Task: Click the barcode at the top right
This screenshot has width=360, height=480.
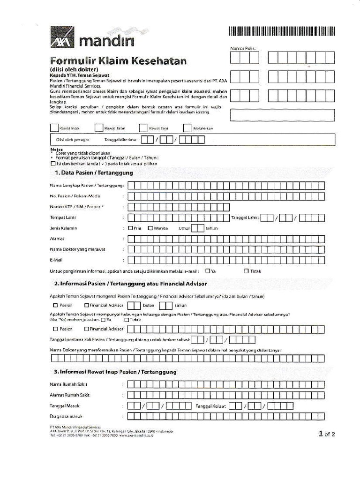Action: point(282,31)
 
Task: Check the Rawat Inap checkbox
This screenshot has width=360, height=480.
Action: point(54,127)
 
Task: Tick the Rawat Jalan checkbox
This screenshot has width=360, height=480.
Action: point(98,127)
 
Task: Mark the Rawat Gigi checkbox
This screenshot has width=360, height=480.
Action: point(143,127)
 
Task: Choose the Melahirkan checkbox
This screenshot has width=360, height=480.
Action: point(187,127)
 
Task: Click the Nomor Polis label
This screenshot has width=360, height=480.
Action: point(243,48)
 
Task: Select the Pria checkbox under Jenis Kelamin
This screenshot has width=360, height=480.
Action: point(130,228)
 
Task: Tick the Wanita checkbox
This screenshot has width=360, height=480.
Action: point(150,228)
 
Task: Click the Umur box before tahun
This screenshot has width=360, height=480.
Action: point(198,228)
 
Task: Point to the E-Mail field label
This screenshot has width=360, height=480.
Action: point(56,260)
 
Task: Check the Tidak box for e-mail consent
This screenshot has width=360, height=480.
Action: point(247,271)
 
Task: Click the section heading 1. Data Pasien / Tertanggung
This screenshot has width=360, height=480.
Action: point(94,173)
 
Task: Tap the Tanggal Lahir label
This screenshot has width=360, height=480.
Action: point(245,217)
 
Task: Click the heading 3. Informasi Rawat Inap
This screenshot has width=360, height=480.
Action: point(115,372)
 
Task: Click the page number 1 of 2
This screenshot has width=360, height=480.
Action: point(327,434)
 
